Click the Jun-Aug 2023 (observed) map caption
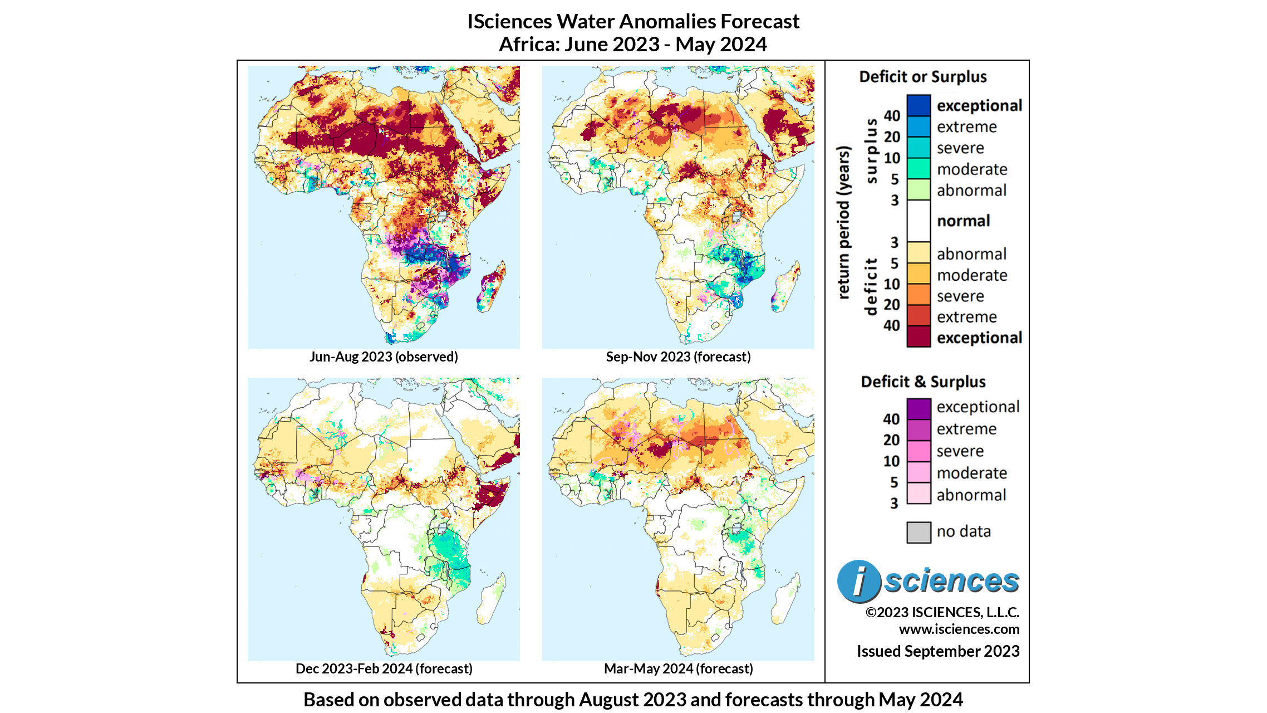click(384, 356)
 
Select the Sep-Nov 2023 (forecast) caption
click(678, 356)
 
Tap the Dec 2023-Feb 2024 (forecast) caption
click(384, 668)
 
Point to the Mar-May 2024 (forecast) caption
click(678, 668)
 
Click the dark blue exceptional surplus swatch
click(919, 105)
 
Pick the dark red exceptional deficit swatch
click(919, 337)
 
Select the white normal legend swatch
click(919, 221)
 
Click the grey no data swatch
click(919, 532)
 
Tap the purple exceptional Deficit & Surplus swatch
click(919, 408)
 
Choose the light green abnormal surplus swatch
click(919, 189)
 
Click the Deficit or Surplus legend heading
click(922, 77)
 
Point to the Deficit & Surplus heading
click(922, 382)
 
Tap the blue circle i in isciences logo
click(858, 581)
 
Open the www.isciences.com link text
click(959, 629)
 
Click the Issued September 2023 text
click(937, 651)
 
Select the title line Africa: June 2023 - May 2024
click(632, 44)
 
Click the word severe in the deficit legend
click(960, 296)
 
